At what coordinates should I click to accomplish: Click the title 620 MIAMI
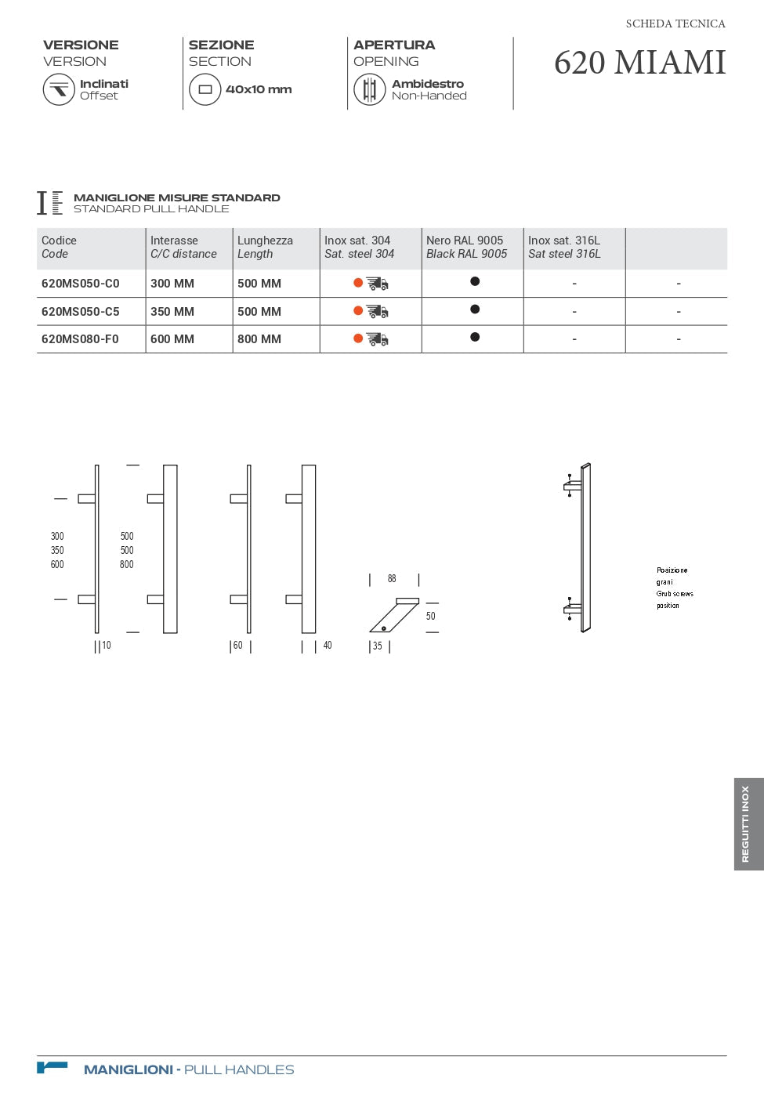(639, 63)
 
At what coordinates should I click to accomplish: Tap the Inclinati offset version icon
(59, 89)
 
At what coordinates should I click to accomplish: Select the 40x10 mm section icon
(205, 89)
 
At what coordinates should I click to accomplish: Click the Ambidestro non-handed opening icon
(369, 89)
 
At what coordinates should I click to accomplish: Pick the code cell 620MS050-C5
(81, 312)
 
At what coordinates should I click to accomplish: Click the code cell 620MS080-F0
(80, 339)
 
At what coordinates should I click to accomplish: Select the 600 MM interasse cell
(172, 339)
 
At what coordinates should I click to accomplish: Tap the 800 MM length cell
(259, 339)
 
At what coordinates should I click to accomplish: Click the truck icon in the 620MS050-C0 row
(378, 284)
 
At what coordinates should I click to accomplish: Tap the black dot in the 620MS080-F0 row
(475, 337)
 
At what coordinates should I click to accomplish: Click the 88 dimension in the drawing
(392, 579)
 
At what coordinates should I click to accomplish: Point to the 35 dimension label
(378, 646)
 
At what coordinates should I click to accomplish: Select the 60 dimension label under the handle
(238, 646)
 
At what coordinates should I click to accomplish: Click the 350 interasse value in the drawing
(57, 551)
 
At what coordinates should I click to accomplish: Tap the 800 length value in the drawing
(127, 565)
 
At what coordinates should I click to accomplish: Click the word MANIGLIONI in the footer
(129, 1069)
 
